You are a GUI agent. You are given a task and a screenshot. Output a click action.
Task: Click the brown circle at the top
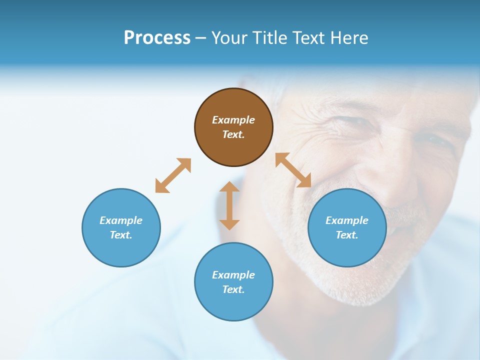pos(233,127)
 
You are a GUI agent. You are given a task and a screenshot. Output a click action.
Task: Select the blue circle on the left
pos(121,227)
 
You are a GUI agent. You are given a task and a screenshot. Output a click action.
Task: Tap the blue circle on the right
pos(347,227)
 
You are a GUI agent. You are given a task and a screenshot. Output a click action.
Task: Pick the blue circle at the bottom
pos(233,282)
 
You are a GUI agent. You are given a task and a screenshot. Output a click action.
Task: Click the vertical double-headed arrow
pos(229,205)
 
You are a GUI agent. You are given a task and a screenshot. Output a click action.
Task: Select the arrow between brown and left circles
pos(173,175)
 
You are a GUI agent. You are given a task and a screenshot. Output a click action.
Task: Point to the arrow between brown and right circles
pos(293,170)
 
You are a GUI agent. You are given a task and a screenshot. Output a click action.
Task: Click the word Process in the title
pos(157,38)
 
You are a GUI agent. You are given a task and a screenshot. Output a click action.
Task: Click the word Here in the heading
pos(348,38)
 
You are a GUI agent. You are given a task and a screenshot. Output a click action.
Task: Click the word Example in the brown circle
pos(233,120)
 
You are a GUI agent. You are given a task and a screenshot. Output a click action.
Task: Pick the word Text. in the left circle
pos(121,235)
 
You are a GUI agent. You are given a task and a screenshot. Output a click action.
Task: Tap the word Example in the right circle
pos(347,220)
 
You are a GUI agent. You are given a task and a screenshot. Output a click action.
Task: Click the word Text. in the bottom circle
pos(233,289)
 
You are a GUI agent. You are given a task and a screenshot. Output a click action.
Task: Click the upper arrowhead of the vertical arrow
pos(229,186)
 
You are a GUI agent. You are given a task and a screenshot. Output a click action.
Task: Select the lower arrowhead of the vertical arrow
pos(229,224)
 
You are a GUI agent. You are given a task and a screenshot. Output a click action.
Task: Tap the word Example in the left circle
pos(121,220)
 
